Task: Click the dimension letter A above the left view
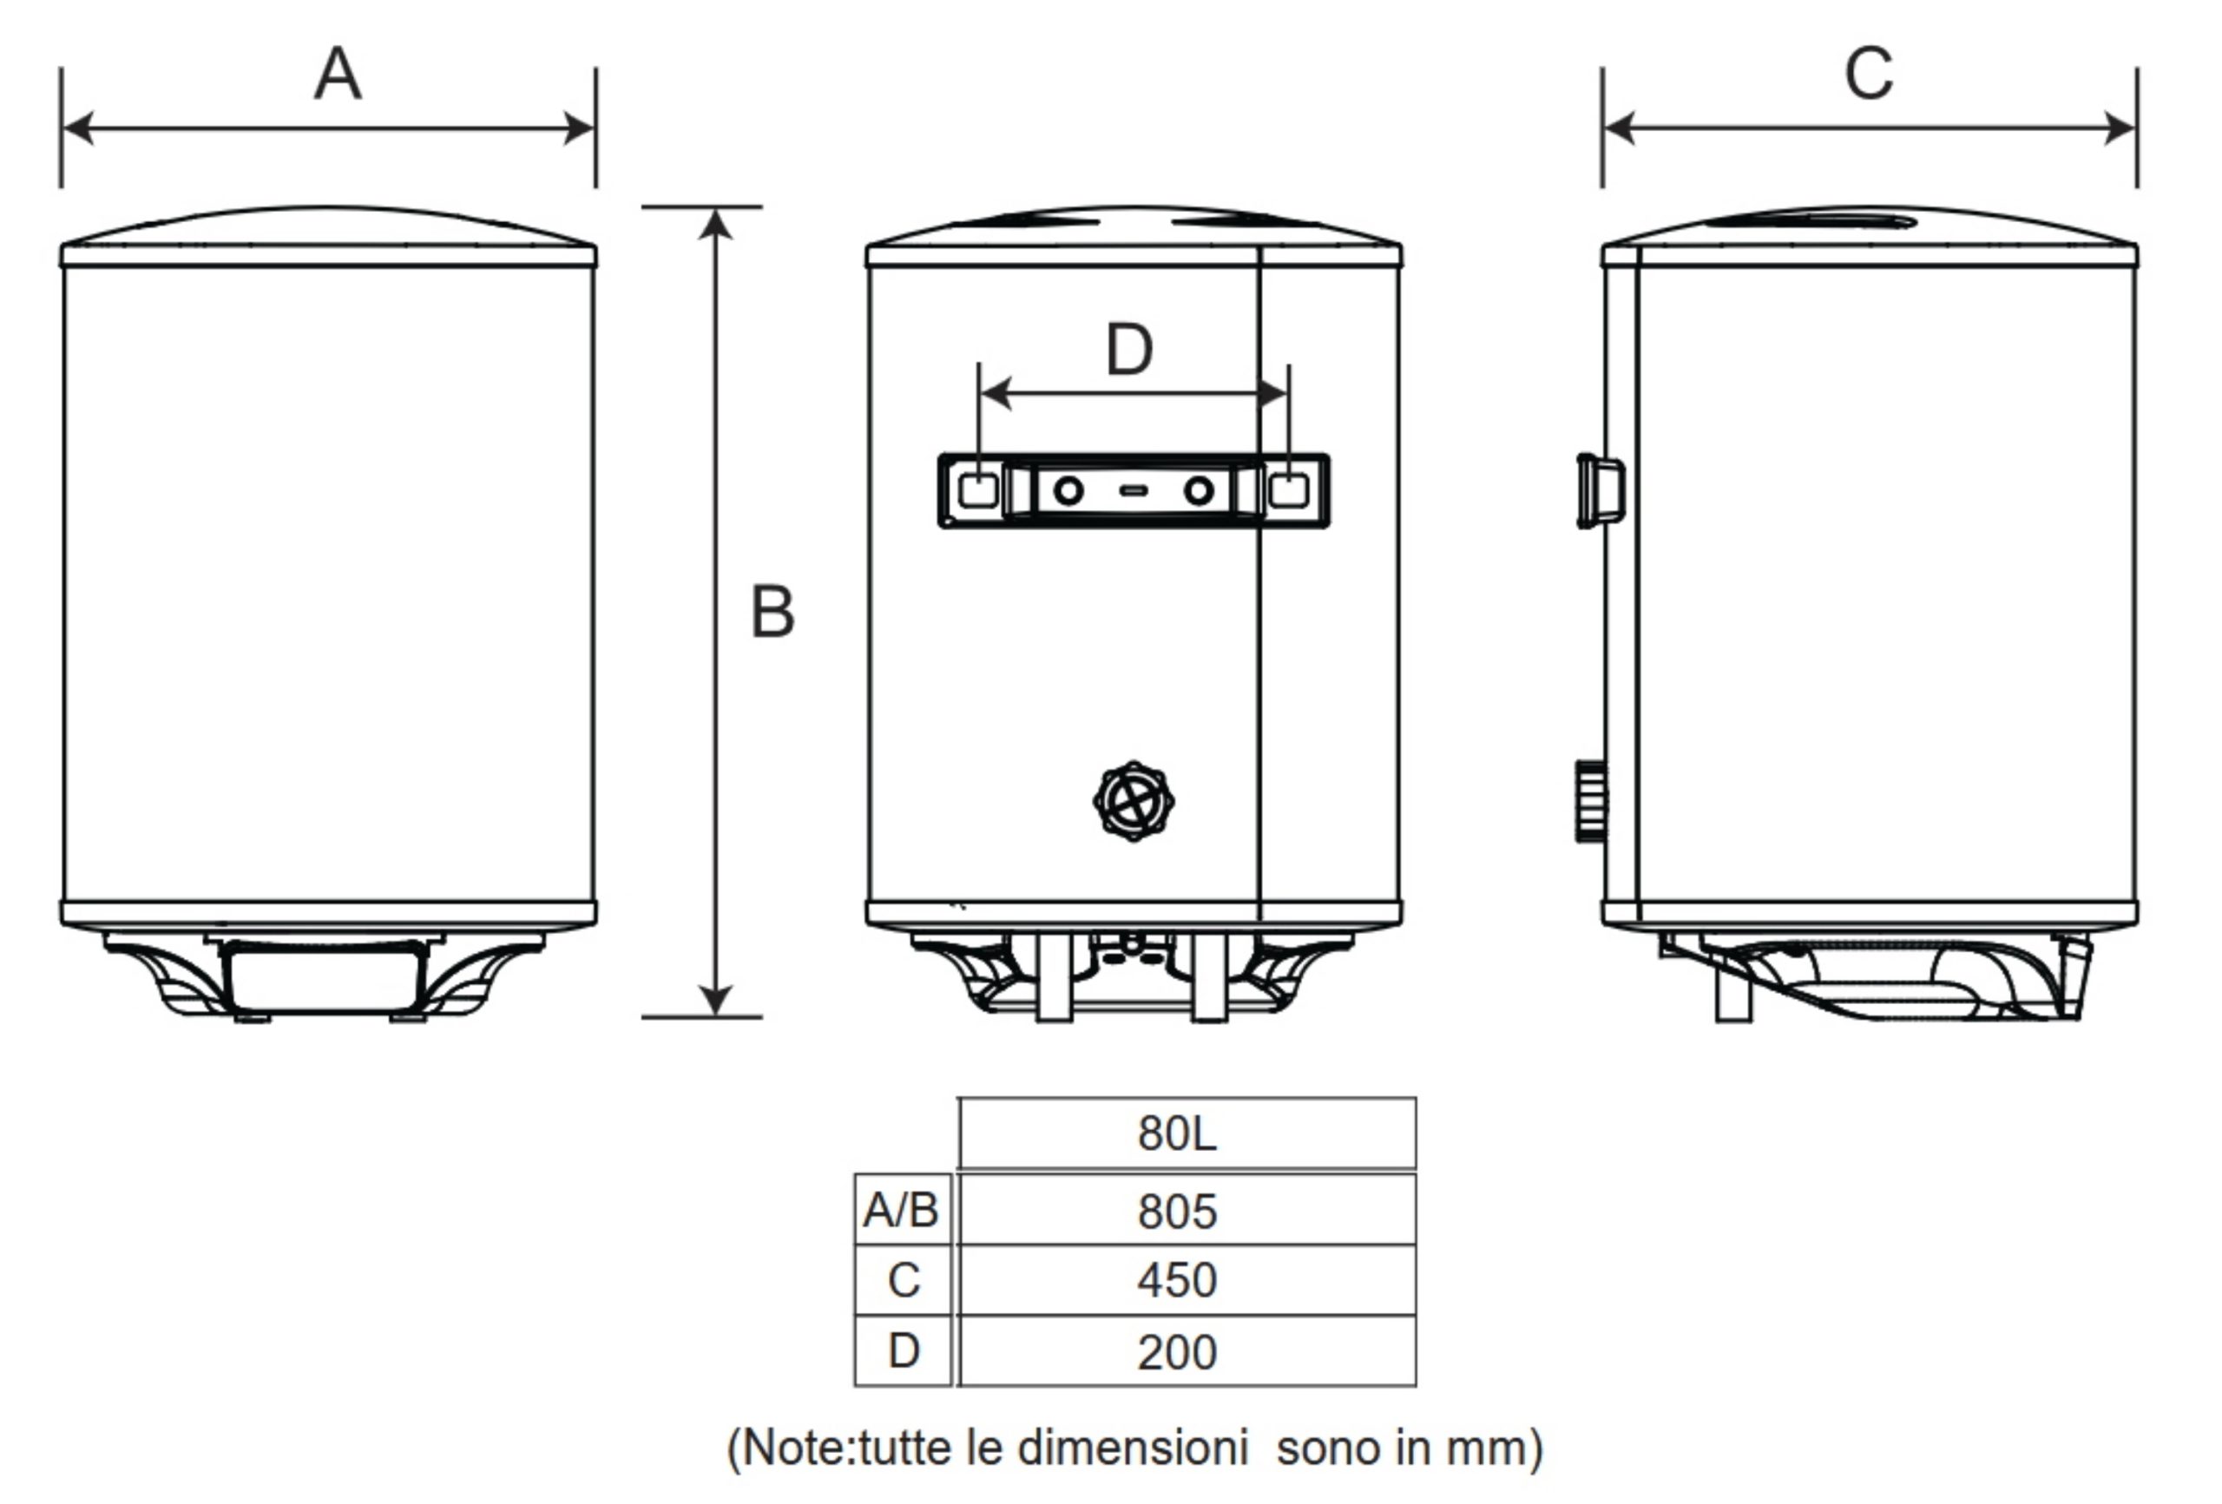pos(338,75)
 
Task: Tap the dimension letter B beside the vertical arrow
pos(772,611)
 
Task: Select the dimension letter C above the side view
pos(1868,74)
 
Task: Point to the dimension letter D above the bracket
pos(1129,350)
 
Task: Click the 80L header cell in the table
pos(1187,1133)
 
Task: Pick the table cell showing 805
pos(1187,1210)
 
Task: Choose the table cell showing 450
pos(1187,1280)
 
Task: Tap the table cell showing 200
pos(1187,1350)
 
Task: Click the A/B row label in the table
pos(903,1210)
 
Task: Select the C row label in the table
pos(903,1280)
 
